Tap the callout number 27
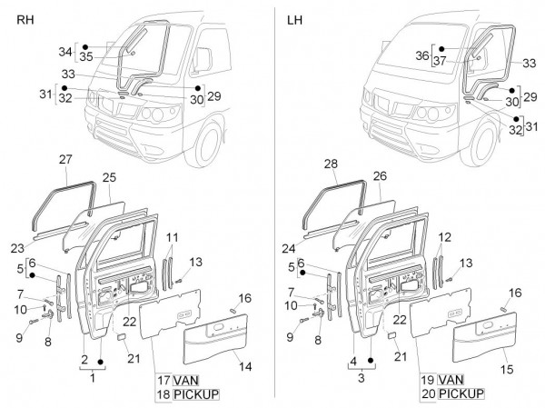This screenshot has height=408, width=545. pos(64,160)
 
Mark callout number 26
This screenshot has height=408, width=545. pos(379,174)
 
